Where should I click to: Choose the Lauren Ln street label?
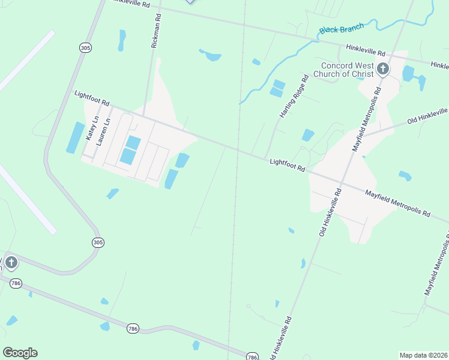pyautogui.click(x=103, y=129)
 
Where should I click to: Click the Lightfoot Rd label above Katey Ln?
pyautogui.click(x=92, y=98)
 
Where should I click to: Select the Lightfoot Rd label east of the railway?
pyautogui.click(x=288, y=166)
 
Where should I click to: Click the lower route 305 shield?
pyautogui.click(x=98, y=242)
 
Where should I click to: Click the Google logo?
pyautogui.click(x=20, y=353)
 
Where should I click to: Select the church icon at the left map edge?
pyautogui.click(x=10, y=263)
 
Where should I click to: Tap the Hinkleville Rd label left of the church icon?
pyautogui.click(x=365, y=54)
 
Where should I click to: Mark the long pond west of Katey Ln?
pyautogui.click(x=75, y=137)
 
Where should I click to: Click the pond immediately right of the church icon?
pyautogui.click(x=408, y=73)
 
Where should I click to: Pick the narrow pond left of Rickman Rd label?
pyautogui.click(x=122, y=40)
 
